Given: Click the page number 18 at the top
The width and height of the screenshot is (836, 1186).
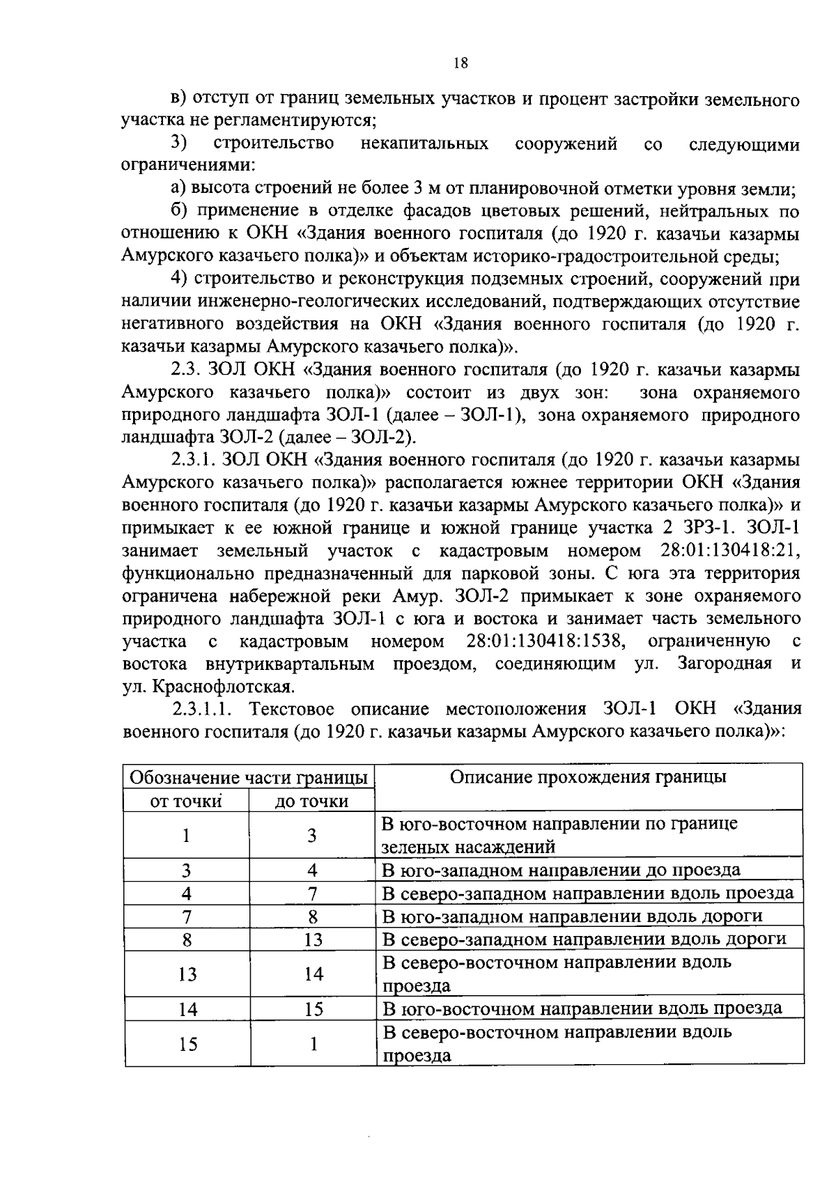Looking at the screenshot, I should (x=460, y=63).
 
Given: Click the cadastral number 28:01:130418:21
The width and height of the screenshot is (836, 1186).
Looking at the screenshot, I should (x=729, y=551).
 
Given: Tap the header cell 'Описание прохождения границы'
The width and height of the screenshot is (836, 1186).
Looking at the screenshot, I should (x=588, y=777).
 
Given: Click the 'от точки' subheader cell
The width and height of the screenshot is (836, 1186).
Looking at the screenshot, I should (x=186, y=801).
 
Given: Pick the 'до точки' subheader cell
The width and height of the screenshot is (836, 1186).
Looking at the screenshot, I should (x=311, y=801).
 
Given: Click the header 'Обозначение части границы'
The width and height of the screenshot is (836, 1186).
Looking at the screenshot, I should (x=249, y=777).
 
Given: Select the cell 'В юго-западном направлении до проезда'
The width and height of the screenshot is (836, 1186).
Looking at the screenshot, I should (x=562, y=870).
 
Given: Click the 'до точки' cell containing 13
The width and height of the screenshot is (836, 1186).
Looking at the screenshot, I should (x=313, y=939).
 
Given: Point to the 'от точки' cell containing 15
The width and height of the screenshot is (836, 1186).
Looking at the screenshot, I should (x=187, y=1044).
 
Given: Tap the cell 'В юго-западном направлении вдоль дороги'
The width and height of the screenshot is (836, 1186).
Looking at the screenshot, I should (x=573, y=916).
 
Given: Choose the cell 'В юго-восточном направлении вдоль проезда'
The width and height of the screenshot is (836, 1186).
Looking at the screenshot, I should (x=582, y=1008).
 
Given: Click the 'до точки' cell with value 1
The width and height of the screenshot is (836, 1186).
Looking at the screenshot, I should (x=313, y=1044).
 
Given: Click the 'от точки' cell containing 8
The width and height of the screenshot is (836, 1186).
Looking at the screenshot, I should (x=187, y=939).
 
